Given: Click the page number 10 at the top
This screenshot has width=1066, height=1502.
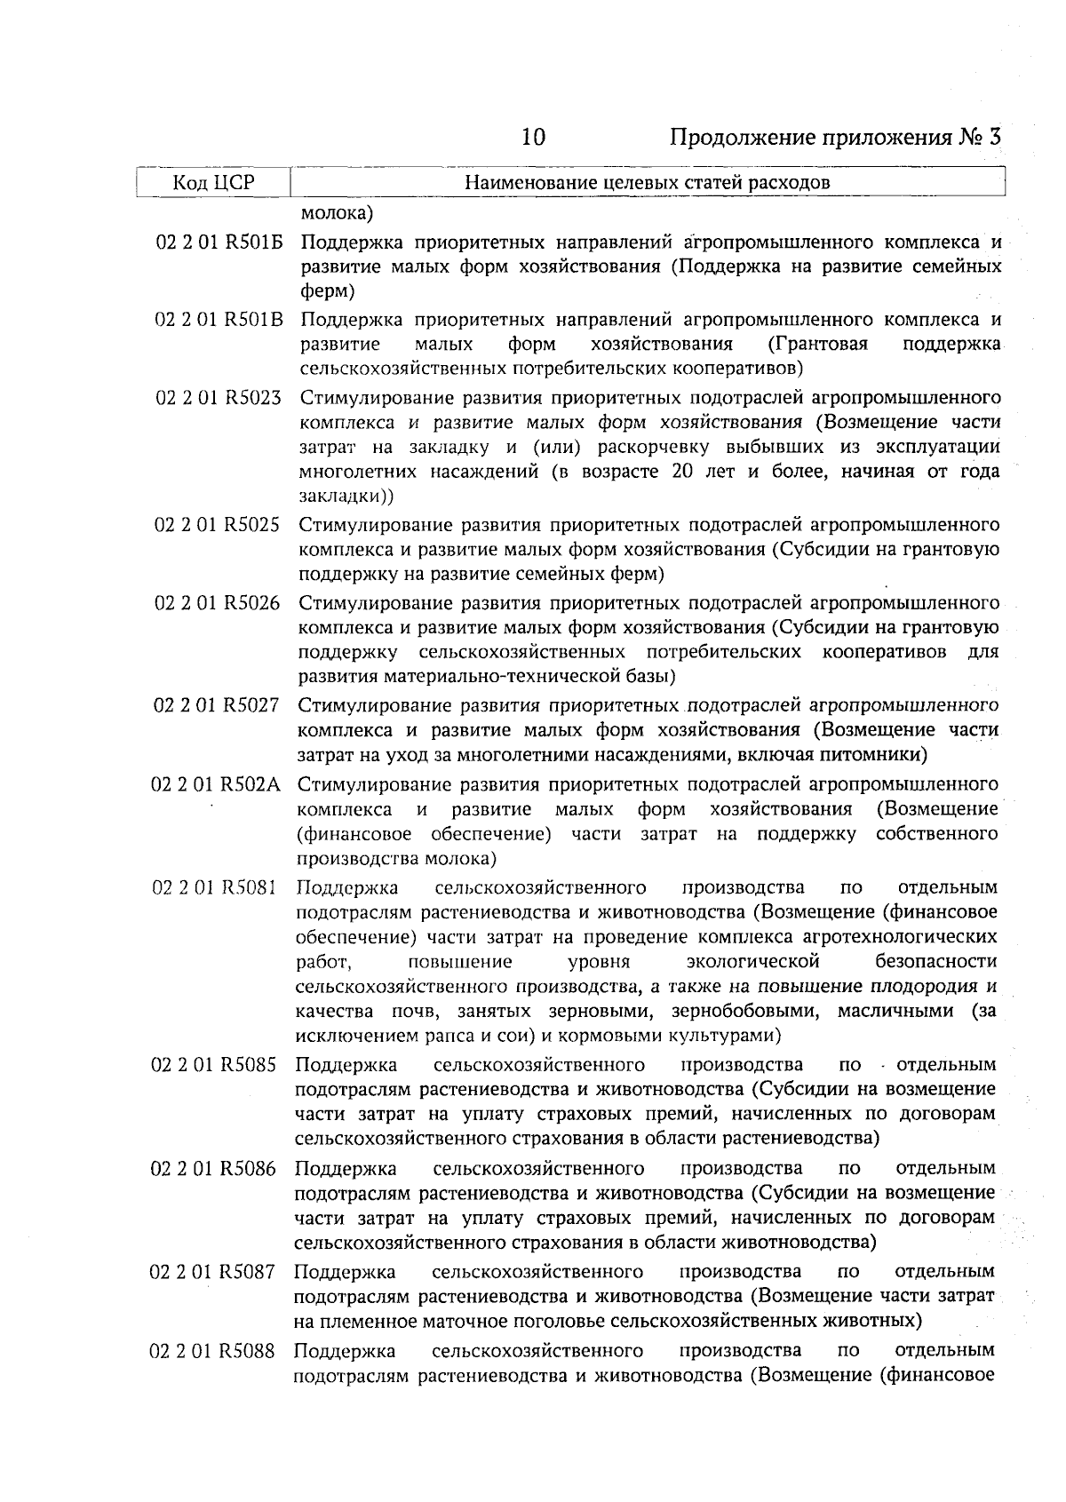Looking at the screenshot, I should pyautogui.click(x=533, y=138).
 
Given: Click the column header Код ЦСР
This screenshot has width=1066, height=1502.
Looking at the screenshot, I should pyautogui.click(x=213, y=183).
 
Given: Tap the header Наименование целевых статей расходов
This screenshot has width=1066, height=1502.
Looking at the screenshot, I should pyautogui.click(x=648, y=183).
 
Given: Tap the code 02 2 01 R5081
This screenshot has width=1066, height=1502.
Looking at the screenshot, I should pyautogui.click(x=216, y=887).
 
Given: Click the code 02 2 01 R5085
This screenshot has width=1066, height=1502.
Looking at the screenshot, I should pyautogui.click(x=216, y=1064).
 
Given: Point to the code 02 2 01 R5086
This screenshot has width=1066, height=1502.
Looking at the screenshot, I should pyautogui.click(x=216, y=1168).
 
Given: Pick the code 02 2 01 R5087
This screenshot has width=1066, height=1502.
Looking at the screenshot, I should pyautogui.click(x=216, y=1272).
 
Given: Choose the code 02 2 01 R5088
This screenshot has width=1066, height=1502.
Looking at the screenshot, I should pyautogui.click(x=216, y=1351).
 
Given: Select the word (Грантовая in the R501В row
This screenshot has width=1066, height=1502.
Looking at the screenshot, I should pyautogui.click(x=817, y=344).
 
